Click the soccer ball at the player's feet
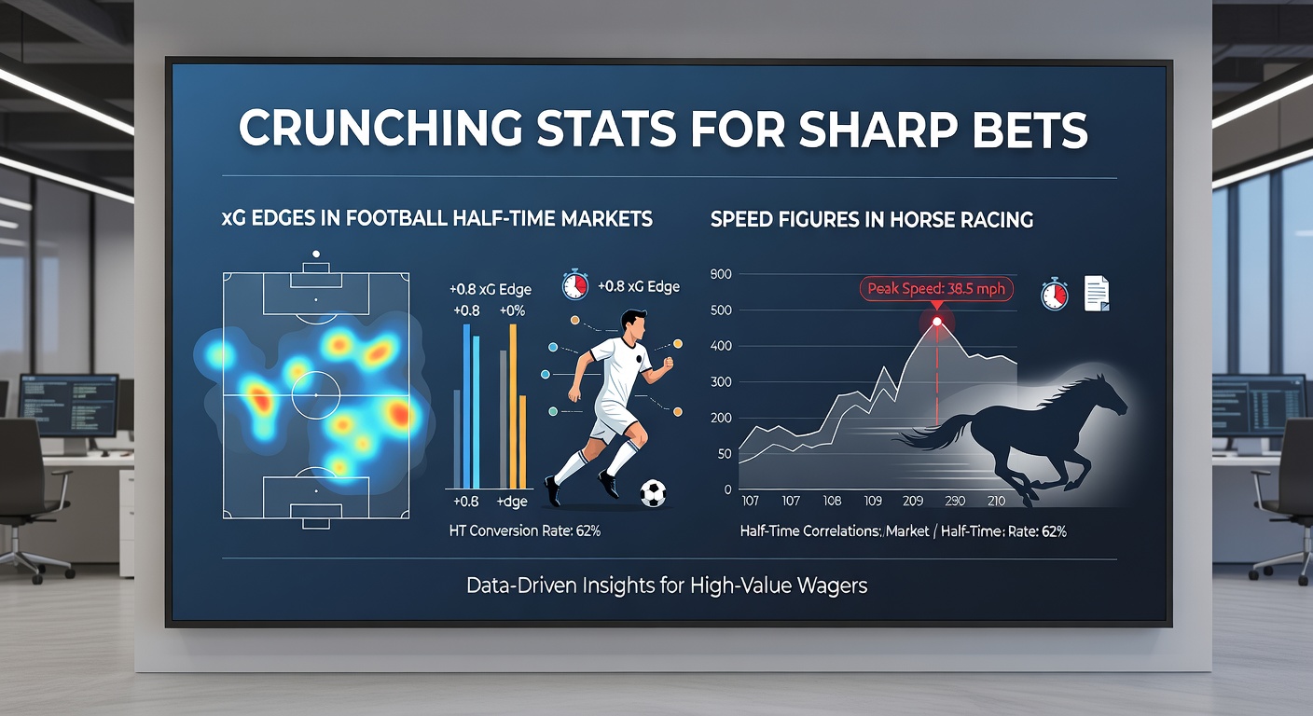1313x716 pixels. point(654,492)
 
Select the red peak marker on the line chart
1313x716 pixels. point(936,323)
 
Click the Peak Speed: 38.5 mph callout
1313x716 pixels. point(936,288)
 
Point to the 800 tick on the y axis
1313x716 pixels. point(721,274)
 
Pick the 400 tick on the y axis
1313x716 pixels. point(721,346)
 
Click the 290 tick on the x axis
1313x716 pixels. point(954,502)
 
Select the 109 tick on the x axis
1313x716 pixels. point(873,502)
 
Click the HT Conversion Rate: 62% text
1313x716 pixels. point(524,531)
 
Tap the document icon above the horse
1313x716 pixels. point(1096,294)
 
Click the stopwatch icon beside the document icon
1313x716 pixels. point(1054,294)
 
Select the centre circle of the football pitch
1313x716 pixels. point(316,395)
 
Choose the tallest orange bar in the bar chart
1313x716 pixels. point(513,406)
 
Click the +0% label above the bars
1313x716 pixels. point(513,310)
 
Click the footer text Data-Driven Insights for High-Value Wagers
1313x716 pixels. point(668,586)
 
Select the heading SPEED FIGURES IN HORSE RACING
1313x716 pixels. point(871,220)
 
